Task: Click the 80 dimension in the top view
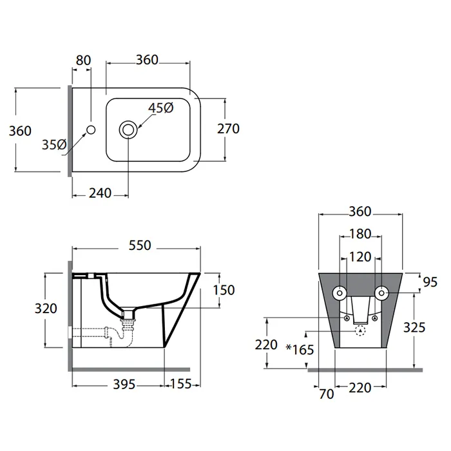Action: click(x=83, y=60)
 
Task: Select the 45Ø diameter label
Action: click(x=160, y=108)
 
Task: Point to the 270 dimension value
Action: click(x=228, y=128)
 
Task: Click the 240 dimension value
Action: click(x=100, y=193)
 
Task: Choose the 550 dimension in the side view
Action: click(x=139, y=245)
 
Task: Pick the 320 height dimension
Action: click(x=45, y=308)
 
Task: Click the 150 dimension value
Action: click(x=224, y=291)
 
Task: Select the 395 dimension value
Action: click(x=124, y=385)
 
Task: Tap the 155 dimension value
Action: click(x=181, y=385)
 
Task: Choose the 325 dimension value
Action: click(x=414, y=327)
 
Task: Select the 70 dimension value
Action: click(x=327, y=394)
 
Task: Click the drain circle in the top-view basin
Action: click(x=128, y=130)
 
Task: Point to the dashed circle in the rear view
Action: click(x=360, y=331)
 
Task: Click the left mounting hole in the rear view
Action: click(x=339, y=294)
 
